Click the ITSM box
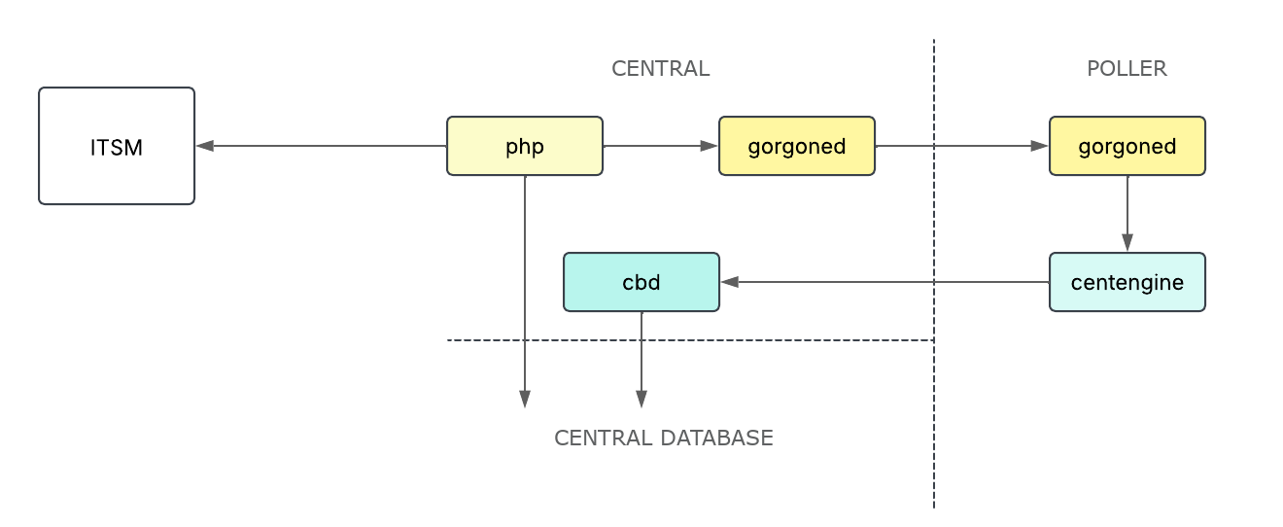pyautogui.click(x=117, y=146)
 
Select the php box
pyautogui.click(x=525, y=146)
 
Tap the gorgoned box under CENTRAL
pyautogui.click(x=797, y=146)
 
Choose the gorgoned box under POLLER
pyautogui.click(x=1127, y=146)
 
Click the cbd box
pyautogui.click(x=641, y=282)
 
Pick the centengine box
pyautogui.click(x=1127, y=282)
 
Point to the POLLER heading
pyautogui.click(x=1127, y=68)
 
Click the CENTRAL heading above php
pyautogui.click(x=660, y=68)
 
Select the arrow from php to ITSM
pyautogui.click(x=321, y=146)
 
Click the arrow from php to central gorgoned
pyautogui.click(x=661, y=146)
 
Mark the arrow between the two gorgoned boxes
pyautogui.click(x=962, y=146)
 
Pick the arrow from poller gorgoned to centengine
pyautogui.click(x=1127, y=214)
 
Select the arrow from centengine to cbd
pyautogui.click(x=884, y=282)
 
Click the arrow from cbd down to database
pyautogui.click(x=641, y=360)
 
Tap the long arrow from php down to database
pyautogui.click(x=525, y=292)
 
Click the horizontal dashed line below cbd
pyautogui.click(x=778, y=340)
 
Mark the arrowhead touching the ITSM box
pyautogui.click(x=204, y=146)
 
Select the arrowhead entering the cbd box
pyautogui.click(x=729, y=282)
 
